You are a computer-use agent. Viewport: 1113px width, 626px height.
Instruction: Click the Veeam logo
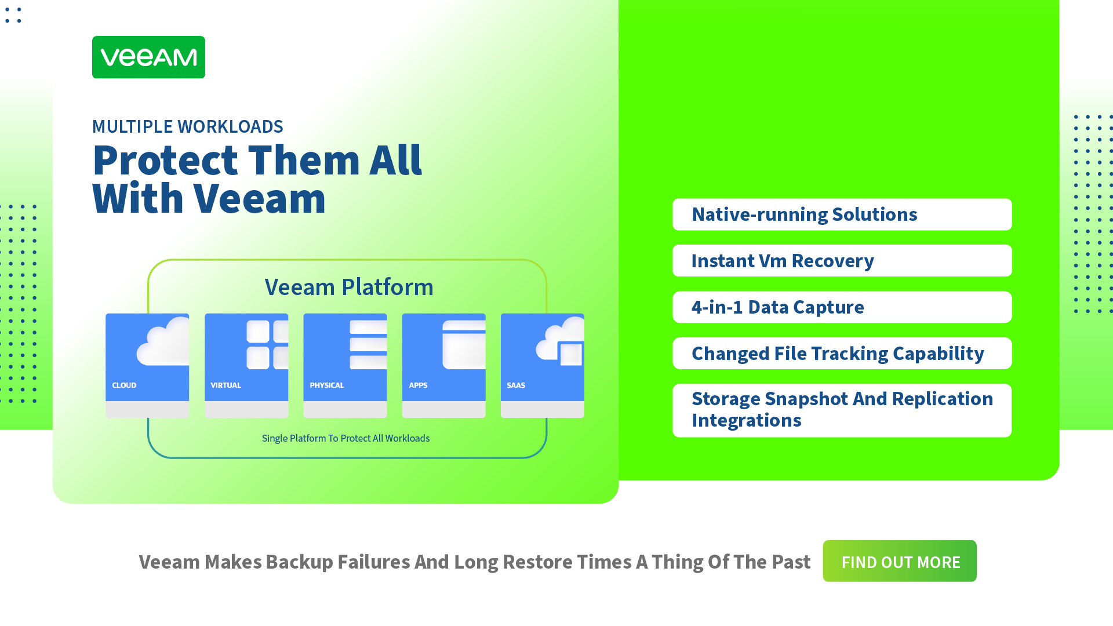click(x=148, y=57)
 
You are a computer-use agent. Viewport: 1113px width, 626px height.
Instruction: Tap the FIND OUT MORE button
click(x=900, y=561)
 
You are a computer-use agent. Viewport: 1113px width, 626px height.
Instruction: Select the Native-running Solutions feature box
click(x=842, y=214)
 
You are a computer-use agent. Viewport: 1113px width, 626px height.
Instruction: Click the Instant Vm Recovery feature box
click(x=842, y=261)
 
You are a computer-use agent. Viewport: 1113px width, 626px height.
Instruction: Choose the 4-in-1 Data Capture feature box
click(x=842, y=307)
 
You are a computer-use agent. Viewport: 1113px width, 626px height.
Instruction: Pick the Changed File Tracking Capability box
click(x=842, y=354)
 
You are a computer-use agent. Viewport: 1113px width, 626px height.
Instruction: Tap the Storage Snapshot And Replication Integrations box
click(x=842, y=410)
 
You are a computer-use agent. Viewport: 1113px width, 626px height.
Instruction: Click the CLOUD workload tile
click(x=147, y=366)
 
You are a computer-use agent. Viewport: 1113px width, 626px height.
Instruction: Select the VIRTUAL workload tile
click(x=246, y=366)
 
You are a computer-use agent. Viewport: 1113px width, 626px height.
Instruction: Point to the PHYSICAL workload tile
click(x=345, y=366)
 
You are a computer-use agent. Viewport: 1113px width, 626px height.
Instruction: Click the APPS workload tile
click(x=444, y=366)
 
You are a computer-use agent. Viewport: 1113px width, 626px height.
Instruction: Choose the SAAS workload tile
click(x=543, y=366)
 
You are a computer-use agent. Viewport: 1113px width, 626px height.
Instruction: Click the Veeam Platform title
click(x=349, y=287)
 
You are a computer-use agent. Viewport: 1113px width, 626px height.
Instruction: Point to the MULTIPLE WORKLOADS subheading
click(x=188, y=126)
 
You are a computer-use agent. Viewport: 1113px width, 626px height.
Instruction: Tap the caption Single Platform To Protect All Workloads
click(x=345, y=438)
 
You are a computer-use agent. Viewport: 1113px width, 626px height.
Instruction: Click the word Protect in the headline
click(x=165, y=160)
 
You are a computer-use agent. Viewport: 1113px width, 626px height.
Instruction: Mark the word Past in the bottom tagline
click(x=790, y=562)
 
